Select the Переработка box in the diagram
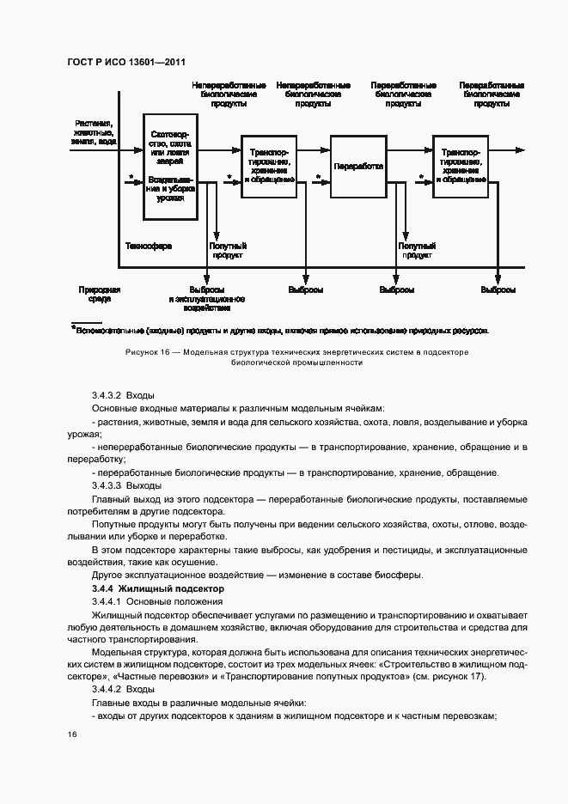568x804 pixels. (x=358, y=167)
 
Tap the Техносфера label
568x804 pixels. (x=149, y=246)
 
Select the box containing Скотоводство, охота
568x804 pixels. (x=175, y=167)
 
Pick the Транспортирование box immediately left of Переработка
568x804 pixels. (x=270, y=166)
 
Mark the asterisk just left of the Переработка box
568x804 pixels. (x=317, y=179)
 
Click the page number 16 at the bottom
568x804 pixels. (x=72, y=734)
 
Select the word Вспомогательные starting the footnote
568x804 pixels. (x=111, y=329)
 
